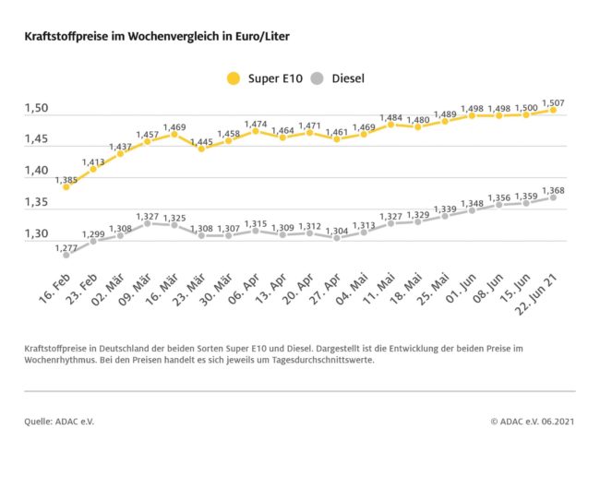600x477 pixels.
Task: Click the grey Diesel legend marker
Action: point(316,78)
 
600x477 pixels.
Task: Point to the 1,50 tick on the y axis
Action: point(36,109)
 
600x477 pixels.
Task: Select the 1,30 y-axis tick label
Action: point(36,233)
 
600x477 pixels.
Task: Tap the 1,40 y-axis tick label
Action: point(36,171)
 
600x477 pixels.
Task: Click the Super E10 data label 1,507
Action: point(554,102)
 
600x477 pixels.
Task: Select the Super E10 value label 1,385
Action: point(66,180)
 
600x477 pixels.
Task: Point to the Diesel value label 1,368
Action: point(554,190)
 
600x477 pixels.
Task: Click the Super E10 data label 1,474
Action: point(256,124)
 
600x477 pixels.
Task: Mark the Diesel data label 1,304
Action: point(337,231)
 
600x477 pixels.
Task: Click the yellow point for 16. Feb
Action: point(66,187)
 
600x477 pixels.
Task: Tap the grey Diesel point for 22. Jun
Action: point(554,197)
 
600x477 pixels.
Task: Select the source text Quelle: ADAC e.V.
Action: point(59,421)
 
